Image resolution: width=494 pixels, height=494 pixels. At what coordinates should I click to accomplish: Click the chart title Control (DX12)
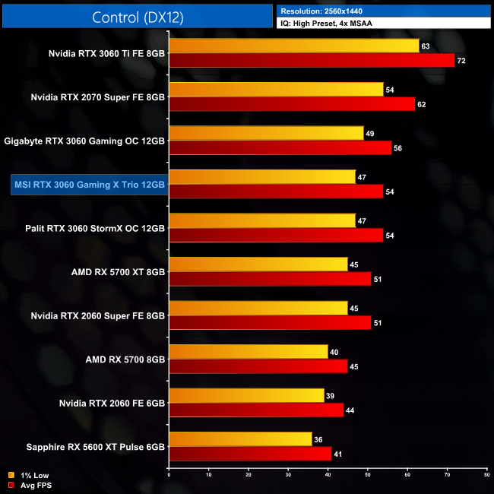[137, 17]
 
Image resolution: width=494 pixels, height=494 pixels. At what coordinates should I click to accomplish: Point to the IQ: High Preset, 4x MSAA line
[329, 24]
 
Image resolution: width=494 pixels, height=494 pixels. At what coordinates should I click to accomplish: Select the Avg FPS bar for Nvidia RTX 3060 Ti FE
[312, 61]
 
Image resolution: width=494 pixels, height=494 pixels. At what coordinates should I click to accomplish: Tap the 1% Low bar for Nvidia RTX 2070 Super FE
[276, 90]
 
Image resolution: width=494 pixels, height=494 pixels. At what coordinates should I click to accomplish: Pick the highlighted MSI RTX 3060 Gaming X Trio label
[89, 184]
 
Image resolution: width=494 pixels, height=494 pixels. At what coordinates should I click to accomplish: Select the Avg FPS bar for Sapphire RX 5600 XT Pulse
[250, 454]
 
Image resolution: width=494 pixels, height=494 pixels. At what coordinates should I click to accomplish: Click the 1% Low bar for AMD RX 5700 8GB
[248, 352]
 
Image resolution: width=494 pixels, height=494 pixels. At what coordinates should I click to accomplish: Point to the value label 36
[318, 439]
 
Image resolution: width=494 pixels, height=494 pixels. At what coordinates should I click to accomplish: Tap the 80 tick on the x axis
[486, 475]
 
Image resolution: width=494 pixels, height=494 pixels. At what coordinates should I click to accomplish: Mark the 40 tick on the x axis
[328, 475]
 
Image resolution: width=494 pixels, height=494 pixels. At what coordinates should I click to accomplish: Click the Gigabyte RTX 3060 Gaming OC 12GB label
[84, 141]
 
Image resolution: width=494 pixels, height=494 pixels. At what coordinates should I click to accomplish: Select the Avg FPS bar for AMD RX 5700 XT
[270, 279]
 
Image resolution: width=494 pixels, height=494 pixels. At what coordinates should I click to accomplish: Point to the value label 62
[422, 104]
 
